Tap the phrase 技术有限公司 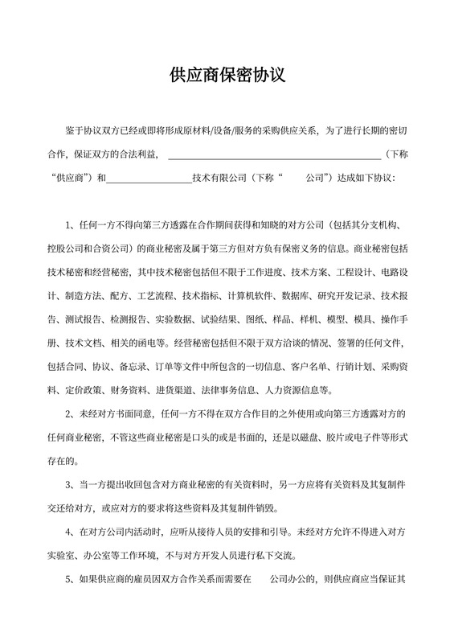220,176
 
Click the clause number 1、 70,223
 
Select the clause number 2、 70,414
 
